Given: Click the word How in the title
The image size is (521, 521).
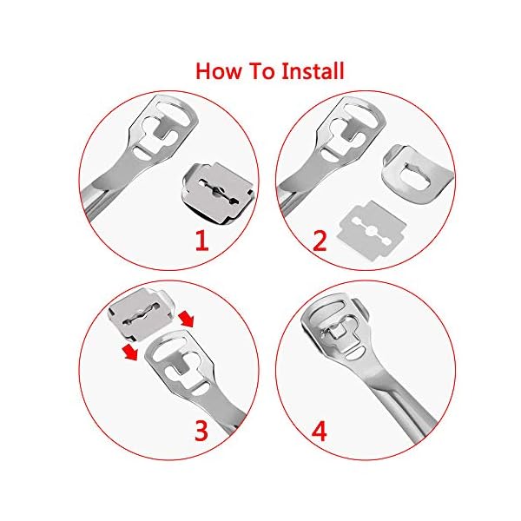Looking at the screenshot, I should [x=220, y=69].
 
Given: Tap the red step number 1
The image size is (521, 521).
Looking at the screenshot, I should [x=201, y=239].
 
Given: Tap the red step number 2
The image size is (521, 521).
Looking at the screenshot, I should [x=320, y=239].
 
